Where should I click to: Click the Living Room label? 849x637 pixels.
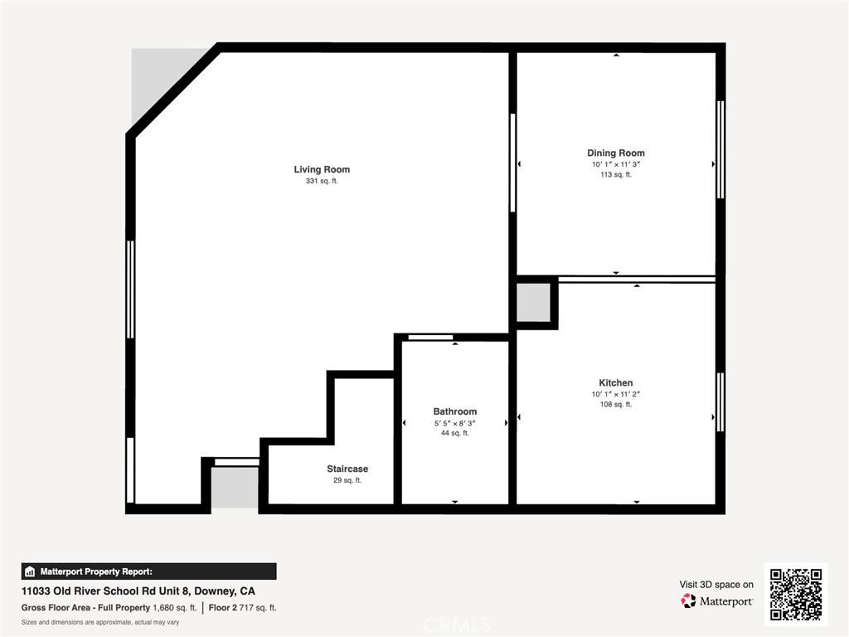(322, 169)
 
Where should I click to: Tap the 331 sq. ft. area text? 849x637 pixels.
(322, 181)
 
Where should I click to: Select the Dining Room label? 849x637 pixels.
(616, 153)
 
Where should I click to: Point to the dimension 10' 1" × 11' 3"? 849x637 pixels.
(616, 164)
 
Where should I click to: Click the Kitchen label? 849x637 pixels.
(616, 383)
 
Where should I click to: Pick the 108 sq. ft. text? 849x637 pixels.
(616, 404)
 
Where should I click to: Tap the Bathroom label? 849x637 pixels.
(455, 411)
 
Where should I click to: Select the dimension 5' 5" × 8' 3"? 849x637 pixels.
(455, 424)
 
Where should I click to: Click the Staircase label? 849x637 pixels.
(347, 469)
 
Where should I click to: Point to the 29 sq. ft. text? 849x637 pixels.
(347, 480)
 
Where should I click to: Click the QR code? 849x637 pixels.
(796, 594)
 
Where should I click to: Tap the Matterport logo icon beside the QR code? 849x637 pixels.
(688, 601)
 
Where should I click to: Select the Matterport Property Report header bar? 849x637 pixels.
(149, 571)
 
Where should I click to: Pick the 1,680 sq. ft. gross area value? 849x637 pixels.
(174, 608)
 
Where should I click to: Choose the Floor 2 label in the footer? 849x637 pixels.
(222, 608)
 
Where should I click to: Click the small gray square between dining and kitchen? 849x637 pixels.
(533, 303)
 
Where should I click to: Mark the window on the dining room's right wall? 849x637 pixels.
(720, 149)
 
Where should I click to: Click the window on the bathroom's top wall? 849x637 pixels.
(430, 338)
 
